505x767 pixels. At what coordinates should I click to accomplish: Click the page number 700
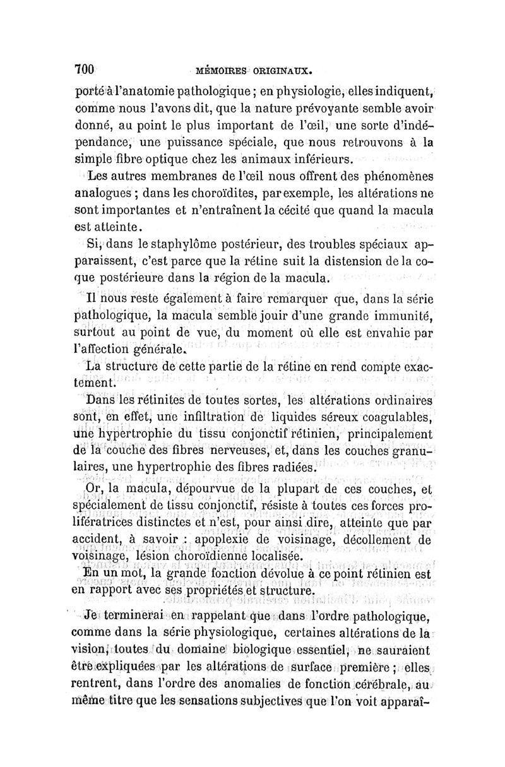(x=84, y=68)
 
